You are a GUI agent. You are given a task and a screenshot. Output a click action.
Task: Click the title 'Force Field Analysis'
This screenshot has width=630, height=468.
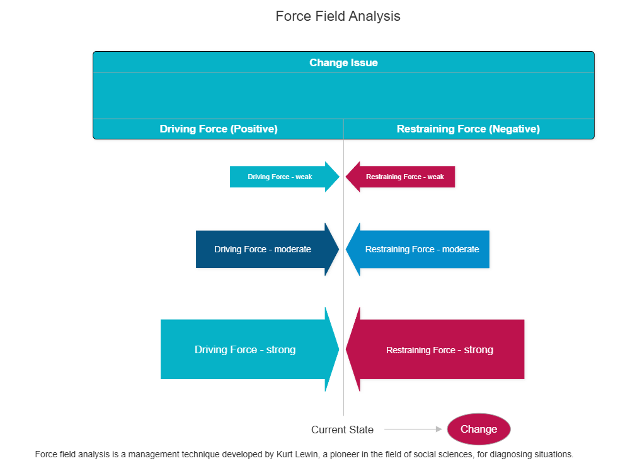(338, 16)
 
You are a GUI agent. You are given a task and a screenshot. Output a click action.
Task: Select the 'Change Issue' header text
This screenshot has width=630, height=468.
(343, 63)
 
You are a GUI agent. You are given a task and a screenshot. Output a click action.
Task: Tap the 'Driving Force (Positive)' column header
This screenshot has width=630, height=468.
(219, 129)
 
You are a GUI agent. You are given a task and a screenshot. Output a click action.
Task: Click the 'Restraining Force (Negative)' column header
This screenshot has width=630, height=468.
(468, 129)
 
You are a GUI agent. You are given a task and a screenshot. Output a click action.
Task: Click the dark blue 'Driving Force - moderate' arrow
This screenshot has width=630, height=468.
(263, 249)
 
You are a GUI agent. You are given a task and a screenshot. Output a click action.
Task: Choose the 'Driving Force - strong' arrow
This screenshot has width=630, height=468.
(245, 349)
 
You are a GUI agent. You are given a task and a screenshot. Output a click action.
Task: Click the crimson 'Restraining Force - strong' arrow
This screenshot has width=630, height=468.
(439, 350)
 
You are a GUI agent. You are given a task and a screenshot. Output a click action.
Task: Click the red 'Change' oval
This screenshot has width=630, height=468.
(479, 429)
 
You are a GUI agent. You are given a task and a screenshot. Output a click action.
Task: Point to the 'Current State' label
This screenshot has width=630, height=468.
(342, 430)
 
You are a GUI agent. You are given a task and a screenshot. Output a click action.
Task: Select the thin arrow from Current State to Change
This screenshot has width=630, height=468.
(413, 429)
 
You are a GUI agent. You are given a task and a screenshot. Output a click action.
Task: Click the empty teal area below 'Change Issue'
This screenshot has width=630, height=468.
(343, 96)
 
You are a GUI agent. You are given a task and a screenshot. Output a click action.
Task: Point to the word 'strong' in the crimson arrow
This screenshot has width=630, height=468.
(479, 350)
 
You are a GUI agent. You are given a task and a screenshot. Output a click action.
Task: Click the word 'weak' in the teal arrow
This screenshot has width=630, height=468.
(304, 177)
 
